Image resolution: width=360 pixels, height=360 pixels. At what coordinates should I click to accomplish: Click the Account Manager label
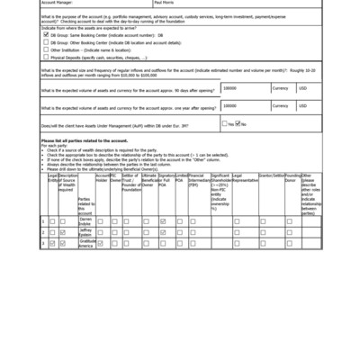coord(59,4)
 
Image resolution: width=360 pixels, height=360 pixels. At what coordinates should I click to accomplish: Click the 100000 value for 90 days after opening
coord(230,88)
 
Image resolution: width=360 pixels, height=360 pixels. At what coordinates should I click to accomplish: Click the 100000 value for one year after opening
coord(230,107)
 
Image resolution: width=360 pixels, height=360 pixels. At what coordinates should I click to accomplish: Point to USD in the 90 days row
coord(303,88)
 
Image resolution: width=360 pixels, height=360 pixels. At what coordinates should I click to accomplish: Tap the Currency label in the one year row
coord(280,107)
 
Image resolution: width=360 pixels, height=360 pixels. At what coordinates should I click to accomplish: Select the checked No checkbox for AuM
coord(238,124)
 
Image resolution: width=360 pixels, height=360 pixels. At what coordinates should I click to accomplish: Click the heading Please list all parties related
coord(84,141)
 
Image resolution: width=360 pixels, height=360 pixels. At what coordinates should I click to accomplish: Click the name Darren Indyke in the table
coord(85,220)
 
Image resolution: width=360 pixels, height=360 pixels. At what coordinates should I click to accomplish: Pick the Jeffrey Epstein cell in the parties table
coord(85,231)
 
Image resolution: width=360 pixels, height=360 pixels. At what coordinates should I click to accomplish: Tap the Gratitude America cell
coord(85,243)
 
